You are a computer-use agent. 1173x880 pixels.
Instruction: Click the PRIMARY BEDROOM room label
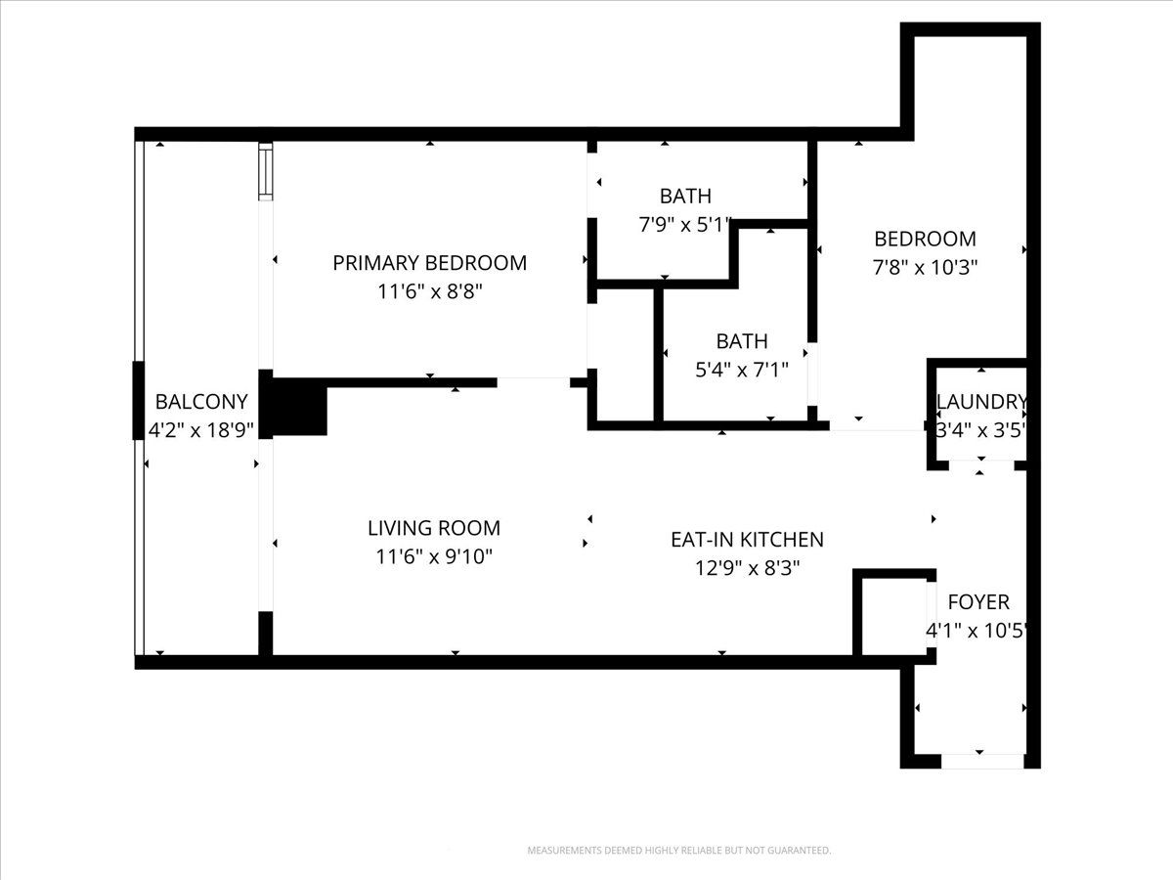(430, 263)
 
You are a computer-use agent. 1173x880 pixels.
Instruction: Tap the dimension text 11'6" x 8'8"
(430, 291)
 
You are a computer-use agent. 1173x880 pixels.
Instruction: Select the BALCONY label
(201, 402)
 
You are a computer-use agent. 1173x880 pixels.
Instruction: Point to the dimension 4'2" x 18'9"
(201, 430)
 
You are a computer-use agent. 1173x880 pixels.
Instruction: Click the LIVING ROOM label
(434, 528)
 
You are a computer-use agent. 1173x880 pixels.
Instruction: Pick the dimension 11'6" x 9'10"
(434, 556)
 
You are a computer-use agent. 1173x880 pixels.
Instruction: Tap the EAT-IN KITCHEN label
(747, 540)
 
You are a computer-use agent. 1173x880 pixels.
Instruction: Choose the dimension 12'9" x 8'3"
(747, 568)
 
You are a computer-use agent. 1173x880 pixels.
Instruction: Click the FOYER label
(978, 602)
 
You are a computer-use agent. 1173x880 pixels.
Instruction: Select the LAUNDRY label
(981, 402)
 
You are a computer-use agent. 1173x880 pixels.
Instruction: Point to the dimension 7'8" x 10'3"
(925, 267)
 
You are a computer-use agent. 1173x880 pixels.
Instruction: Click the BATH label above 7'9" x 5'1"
(685, 197)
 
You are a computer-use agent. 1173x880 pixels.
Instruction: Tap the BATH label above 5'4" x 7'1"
(742, 341)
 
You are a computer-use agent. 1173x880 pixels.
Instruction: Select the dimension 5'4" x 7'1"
(742, 370)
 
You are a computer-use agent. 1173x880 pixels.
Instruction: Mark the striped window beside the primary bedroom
(266, 171)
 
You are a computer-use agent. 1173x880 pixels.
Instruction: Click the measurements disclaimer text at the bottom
(678, 850)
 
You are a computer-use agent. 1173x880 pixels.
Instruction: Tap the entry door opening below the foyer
(982, 761)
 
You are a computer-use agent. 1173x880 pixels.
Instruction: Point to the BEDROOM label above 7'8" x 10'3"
(925, 239)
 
